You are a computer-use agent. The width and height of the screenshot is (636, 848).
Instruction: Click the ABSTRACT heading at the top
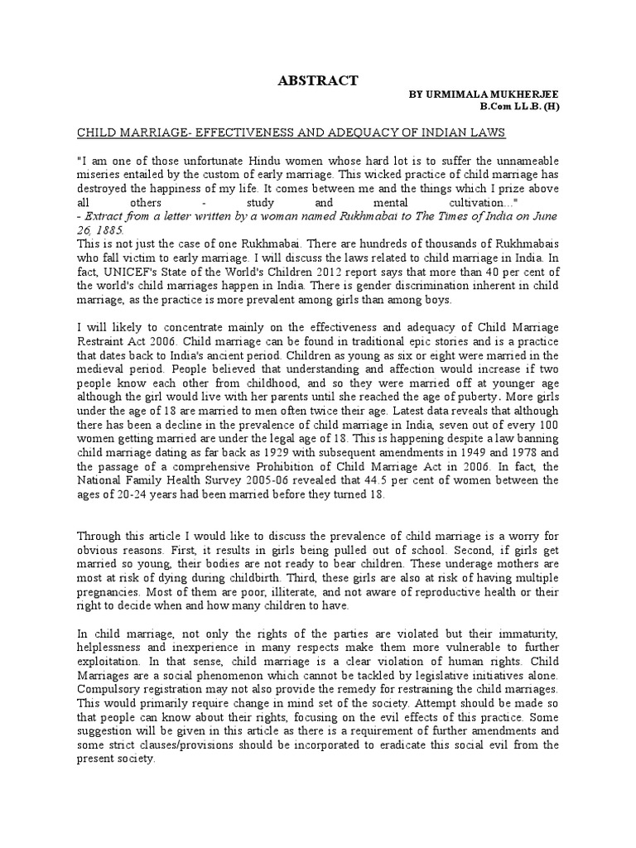click(x=317, y=80)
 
